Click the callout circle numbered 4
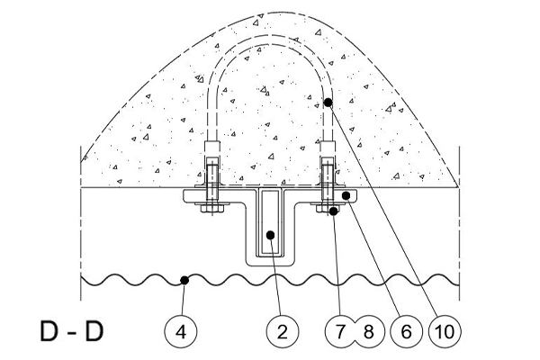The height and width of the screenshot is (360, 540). [181, 332]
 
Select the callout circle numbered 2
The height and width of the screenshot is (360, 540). [283, 332]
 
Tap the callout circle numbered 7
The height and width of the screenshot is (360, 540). [341, 332]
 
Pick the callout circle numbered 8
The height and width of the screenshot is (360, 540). [369, 332]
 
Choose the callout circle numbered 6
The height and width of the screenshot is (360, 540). [407, 332]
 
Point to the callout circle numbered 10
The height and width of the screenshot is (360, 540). [445, 332]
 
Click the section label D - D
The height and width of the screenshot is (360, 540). [72, 331]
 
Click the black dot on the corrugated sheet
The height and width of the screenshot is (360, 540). [184, 280]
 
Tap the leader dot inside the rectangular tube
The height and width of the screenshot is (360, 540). [271, 235]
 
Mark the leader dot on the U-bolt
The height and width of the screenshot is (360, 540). [328, 103]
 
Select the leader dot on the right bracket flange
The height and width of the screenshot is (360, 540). [346, 195]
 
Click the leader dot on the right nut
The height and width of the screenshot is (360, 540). [333, 211]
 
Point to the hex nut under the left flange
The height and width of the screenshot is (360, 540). [212, 209]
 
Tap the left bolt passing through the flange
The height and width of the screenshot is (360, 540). [212, 189]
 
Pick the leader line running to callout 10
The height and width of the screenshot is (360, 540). [383, 209]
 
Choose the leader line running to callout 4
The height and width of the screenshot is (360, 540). [184, 298]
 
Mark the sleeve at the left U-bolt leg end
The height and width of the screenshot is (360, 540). [212, 148]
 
